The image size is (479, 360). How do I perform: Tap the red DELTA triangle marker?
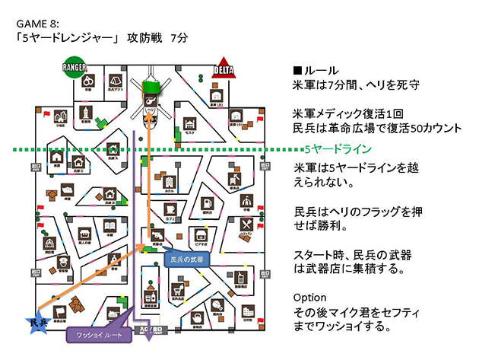[225, 66]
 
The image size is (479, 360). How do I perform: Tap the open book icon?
[109, 226]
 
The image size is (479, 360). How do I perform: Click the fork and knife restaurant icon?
[246, 225]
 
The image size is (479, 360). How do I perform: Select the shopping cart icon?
[178, 290]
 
